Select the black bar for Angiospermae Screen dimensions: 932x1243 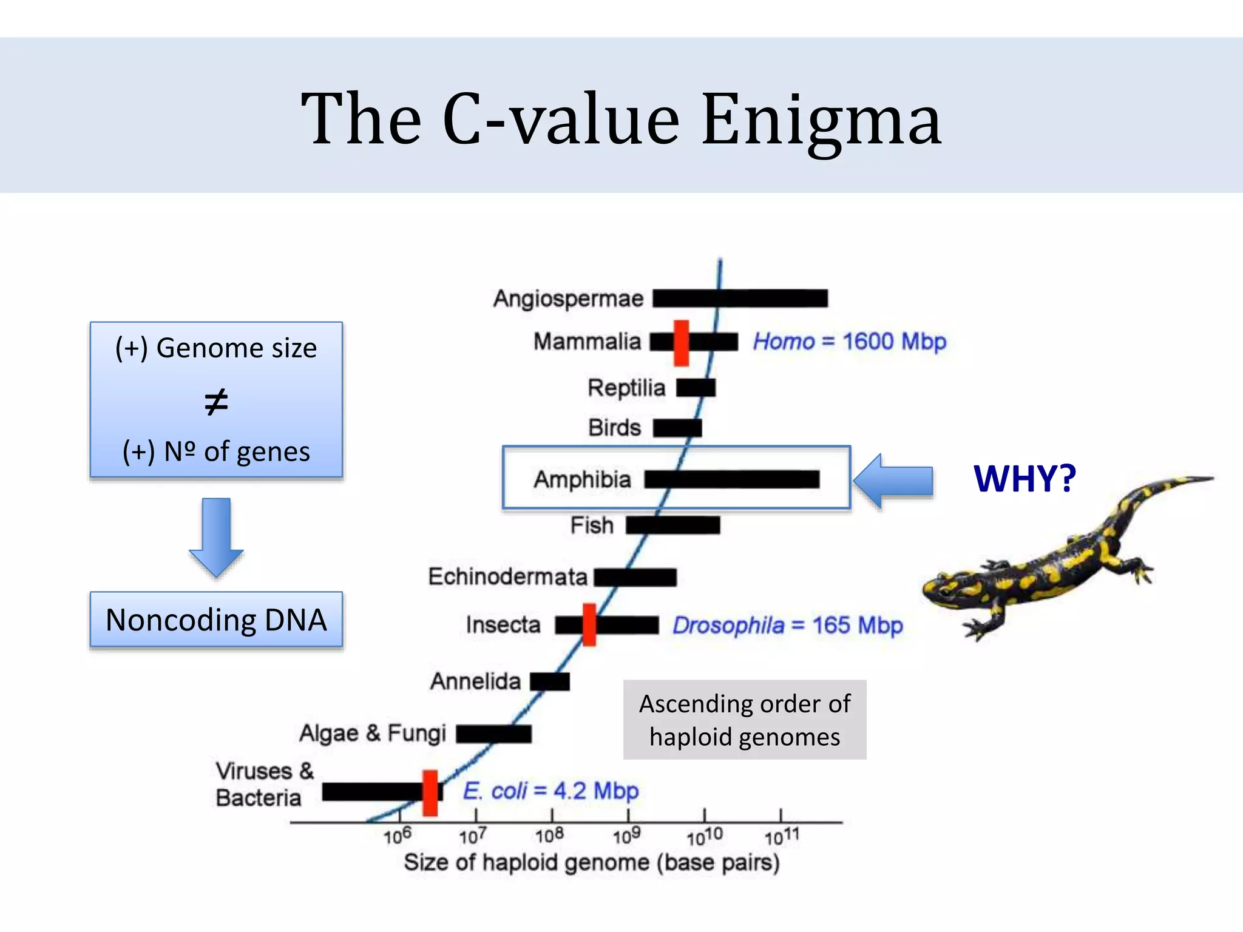pos(740,299)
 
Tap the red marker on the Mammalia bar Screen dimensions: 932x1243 pos(681,343)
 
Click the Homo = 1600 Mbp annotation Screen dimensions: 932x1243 pos(849,342)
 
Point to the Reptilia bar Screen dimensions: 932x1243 pos(696,388)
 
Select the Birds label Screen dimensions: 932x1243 pos(614,428)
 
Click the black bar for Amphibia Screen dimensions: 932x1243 pos(731,479)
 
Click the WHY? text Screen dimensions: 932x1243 pos(1025,479)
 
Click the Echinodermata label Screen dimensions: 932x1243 pos(507,576)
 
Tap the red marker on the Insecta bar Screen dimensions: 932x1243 pos(589,624)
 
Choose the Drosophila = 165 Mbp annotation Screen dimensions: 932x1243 pos(787,625)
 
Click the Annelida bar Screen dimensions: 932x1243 pos(549,681)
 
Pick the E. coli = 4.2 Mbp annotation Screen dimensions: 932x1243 pos(550,791)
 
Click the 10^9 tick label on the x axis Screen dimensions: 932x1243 pos(626,837)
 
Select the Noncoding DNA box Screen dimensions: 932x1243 pos(216,620)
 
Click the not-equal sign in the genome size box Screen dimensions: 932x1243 pos(216,402)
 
